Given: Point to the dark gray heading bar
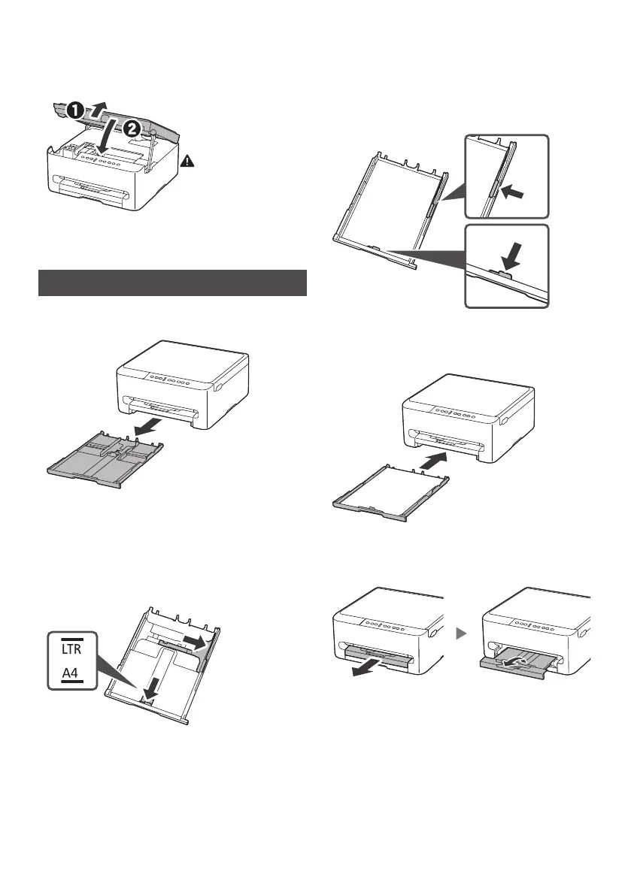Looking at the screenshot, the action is point(172,283).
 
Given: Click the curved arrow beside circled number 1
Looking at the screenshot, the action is point(97,101).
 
